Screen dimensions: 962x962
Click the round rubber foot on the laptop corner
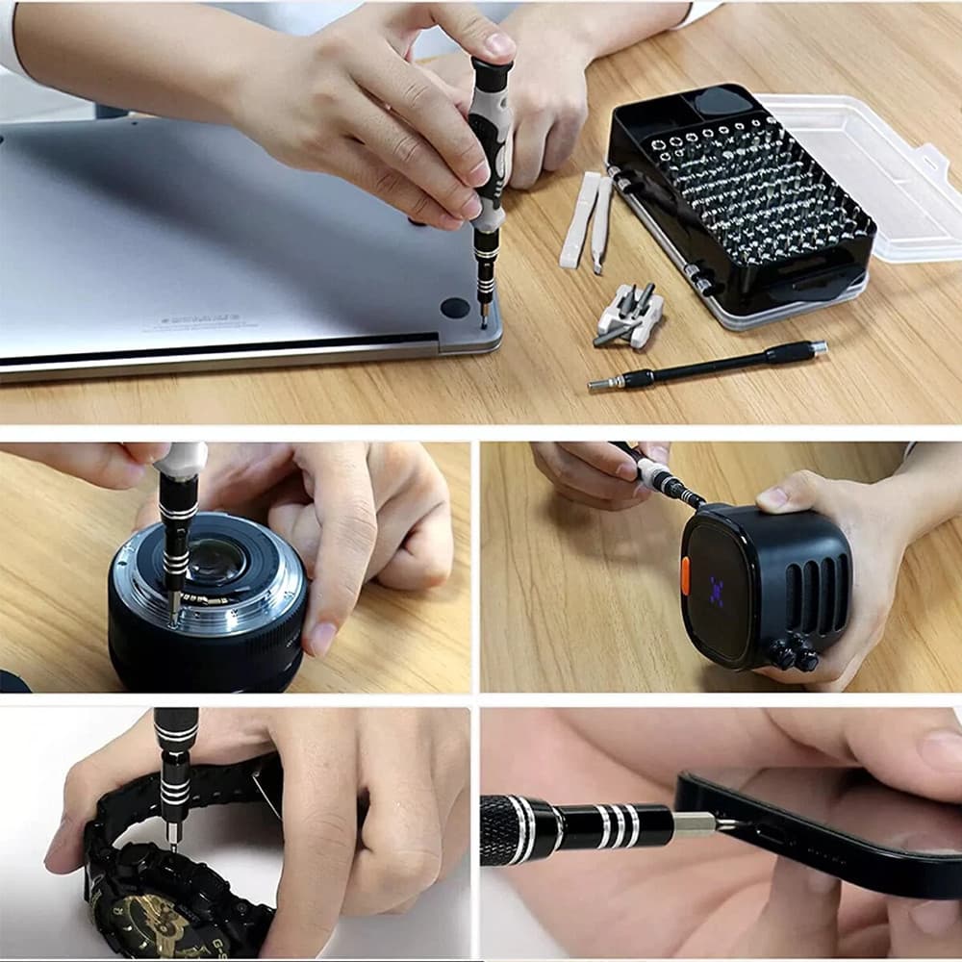[455, 308]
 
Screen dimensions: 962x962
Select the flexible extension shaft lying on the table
[707, 366]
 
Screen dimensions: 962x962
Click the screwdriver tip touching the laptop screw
[484, 317]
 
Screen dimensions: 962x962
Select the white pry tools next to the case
[588, 221]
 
